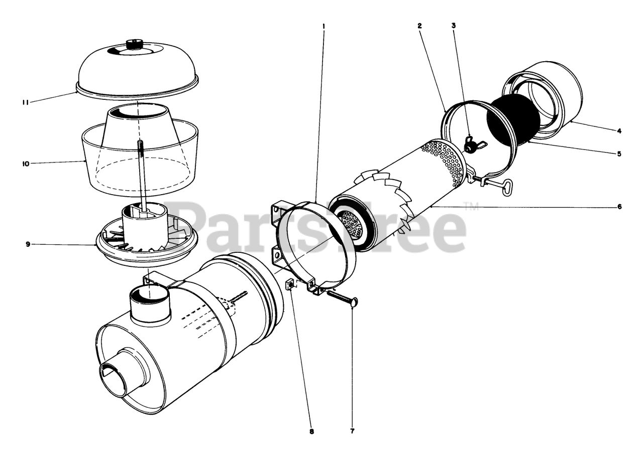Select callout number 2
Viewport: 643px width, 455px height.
[419, 26]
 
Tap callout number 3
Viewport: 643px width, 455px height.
[454, 26]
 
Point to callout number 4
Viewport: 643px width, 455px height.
[619, 131]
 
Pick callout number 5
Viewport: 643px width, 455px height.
[619, 154]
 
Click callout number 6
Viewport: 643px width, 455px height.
[619, 206]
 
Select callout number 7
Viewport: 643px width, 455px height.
[353, 439]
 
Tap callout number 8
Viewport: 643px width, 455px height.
[312, 439]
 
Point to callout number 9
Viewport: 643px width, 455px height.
[28, 244]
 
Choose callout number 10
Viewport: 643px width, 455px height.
[26, 164]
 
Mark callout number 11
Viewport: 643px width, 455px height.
[26, 102]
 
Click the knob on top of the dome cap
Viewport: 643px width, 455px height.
[135, 45]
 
